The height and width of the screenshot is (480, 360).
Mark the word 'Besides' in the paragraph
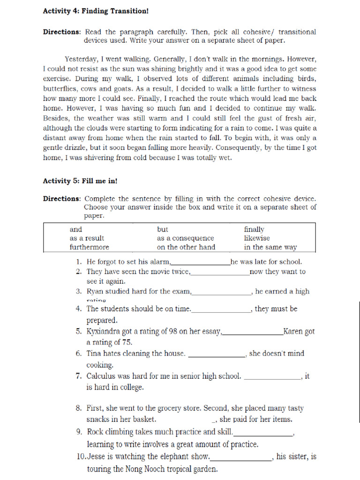point(57,119)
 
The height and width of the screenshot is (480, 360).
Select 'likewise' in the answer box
point(257,238)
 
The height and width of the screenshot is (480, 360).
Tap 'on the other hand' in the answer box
point(186,247)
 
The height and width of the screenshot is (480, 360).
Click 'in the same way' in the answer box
point(270,247)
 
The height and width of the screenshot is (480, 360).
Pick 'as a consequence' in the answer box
point(185,238)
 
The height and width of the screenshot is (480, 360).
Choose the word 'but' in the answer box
point(162,229)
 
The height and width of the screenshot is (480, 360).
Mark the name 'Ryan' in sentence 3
point(96,292)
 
